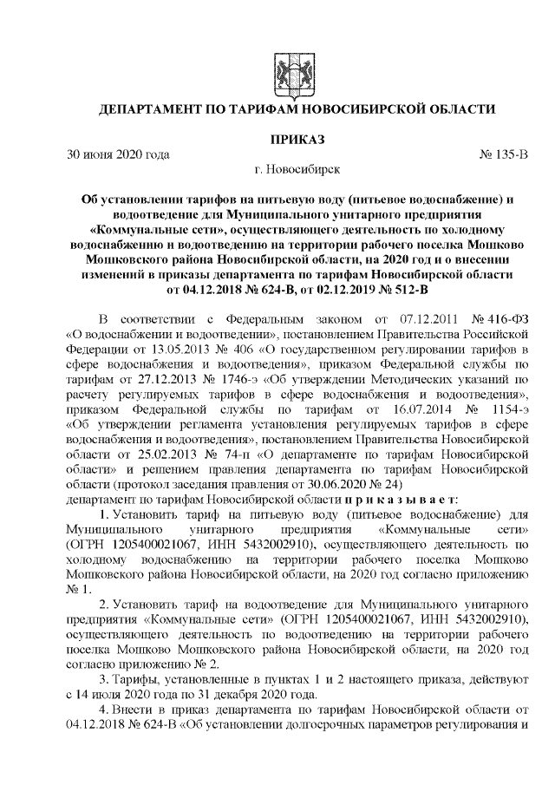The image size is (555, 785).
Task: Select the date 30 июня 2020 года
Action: pyautogui.click(x=118, y=154)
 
